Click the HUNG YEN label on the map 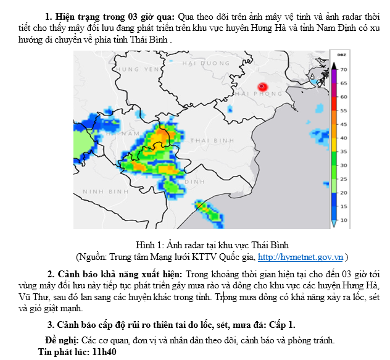click(x=138, y=70)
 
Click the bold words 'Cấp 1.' click(x=282, y=324)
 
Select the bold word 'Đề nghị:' click(x=62, y=340)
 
